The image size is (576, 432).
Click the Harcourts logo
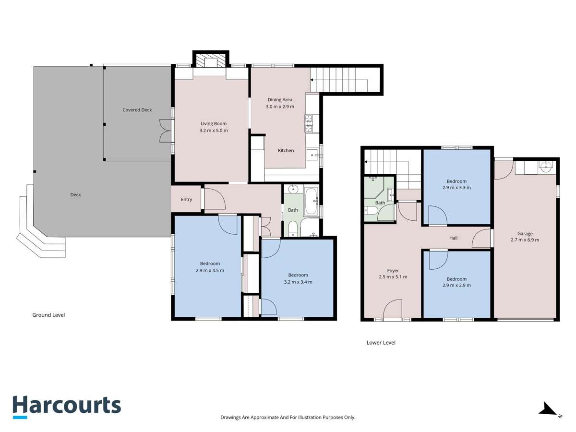coord(66,406)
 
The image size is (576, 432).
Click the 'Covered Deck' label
coord(137,110)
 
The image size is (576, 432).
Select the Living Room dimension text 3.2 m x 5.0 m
coord(214,131)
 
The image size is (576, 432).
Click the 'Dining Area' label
coord(280,100)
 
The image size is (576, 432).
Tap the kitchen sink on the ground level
coord(313,155)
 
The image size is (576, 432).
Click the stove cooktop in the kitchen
coord(309,123)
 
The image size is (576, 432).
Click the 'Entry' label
coord(186,200)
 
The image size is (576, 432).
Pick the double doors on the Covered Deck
coord(165,131)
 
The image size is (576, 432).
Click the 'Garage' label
coord(525,234)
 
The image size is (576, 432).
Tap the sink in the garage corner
coord(546,167)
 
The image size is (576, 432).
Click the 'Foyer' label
coord(393,270)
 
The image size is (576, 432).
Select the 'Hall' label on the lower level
coord(453,238)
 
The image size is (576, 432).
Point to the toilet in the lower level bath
coord(371,211)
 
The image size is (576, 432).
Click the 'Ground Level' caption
coord(48,315)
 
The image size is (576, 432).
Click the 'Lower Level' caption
coord(381,343)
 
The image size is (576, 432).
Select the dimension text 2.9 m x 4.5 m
coord(210,270)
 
